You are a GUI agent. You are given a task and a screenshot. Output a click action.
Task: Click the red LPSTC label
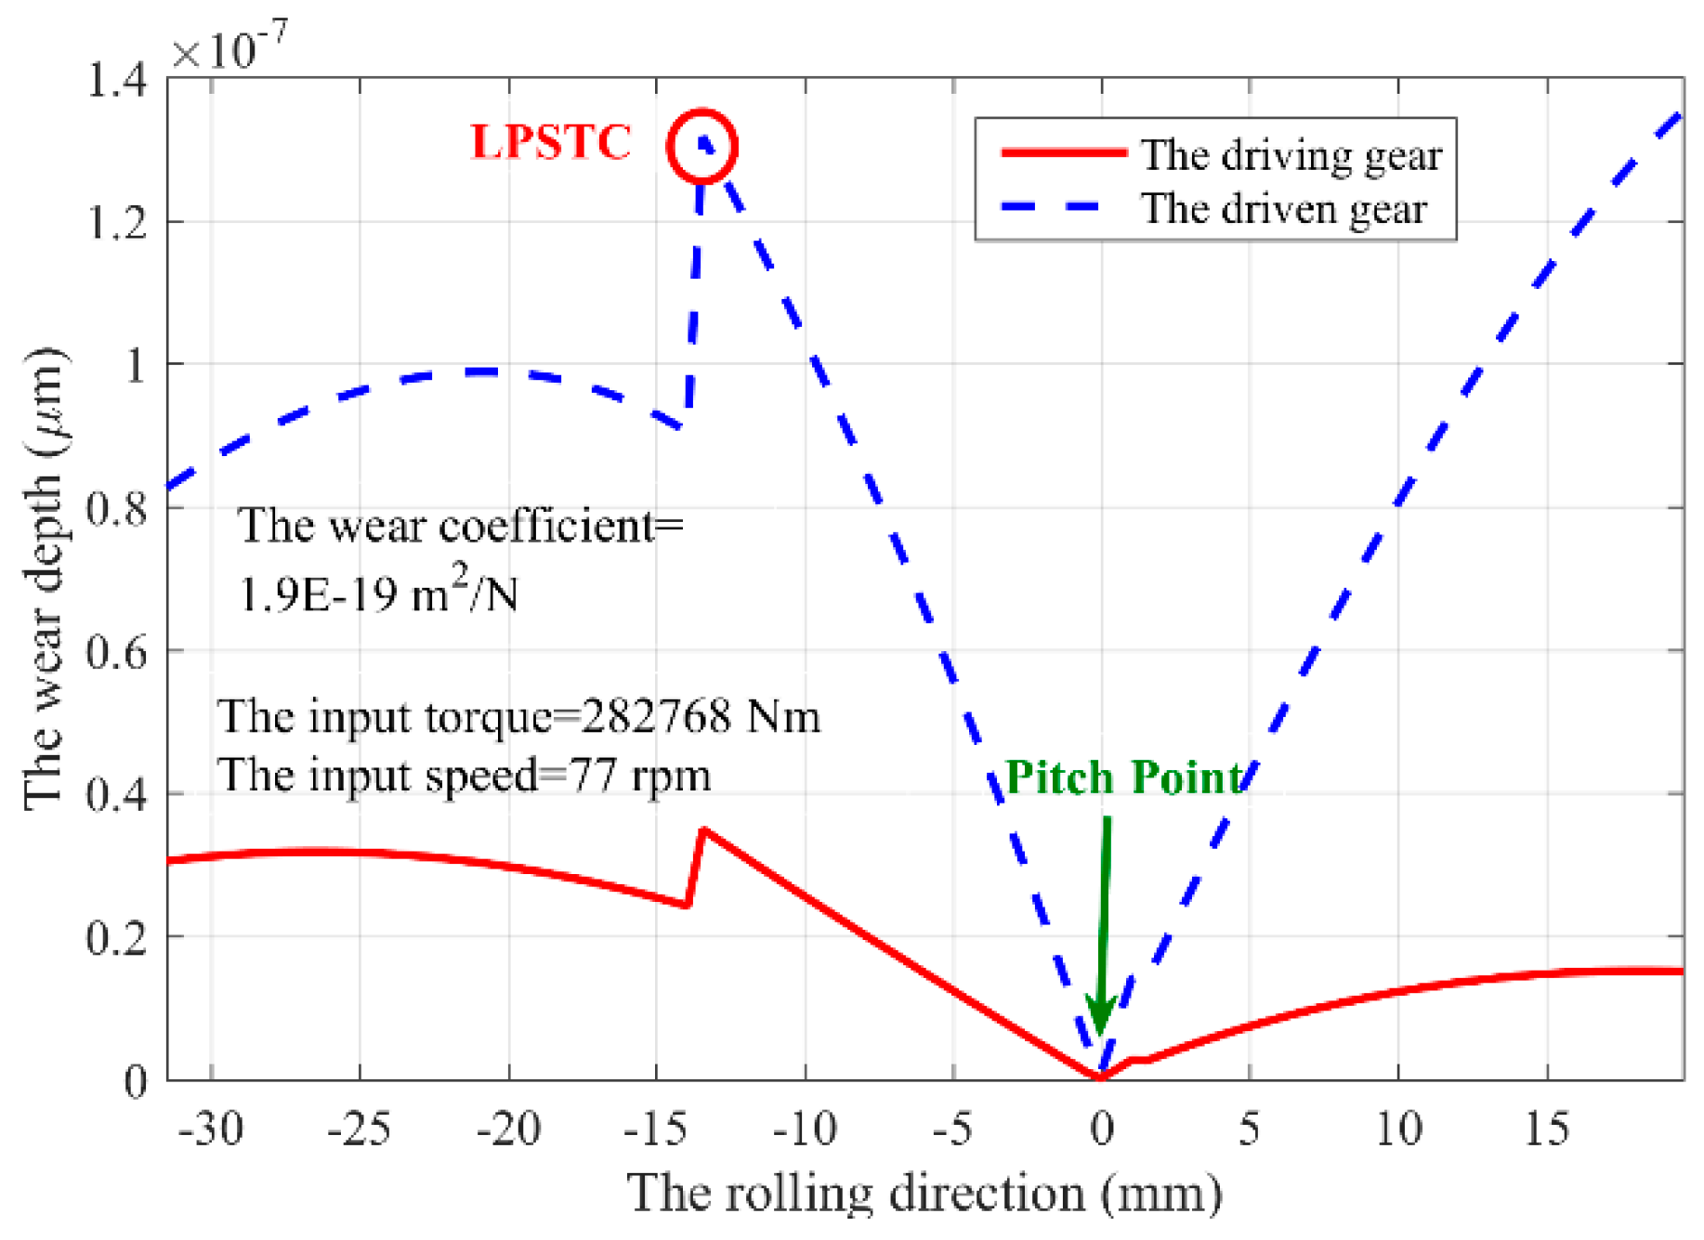(x=551, y=142)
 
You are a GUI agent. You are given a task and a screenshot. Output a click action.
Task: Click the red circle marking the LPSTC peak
(x=702, y=146)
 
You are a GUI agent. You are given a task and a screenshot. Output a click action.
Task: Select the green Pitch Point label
(x=1124, y=777)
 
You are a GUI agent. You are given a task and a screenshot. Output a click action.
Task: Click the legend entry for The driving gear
(x=1291, y=155)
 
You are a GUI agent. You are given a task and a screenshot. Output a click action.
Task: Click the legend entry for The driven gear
(x=1283, y=209)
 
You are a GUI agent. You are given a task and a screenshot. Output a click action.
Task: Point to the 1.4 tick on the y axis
(x=116, y=81)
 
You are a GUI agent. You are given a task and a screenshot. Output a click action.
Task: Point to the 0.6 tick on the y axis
(x=116, y=652)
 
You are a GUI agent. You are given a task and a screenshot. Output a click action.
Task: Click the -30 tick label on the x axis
(x=211, y=1129)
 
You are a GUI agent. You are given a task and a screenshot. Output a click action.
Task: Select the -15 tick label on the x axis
(x=655, y=1129)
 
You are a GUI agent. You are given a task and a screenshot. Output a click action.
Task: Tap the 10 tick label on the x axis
(x=1398, y=1129)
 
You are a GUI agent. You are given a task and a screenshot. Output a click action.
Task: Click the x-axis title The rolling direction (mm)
(x=924, y=1194)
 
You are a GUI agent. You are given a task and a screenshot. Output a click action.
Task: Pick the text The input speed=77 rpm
(x=465, y=775)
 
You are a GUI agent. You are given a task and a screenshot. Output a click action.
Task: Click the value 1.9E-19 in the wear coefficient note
(x=316, y=594)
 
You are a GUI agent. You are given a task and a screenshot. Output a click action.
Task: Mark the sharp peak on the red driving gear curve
(x=703, y=829)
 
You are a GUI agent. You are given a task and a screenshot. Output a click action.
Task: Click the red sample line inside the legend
(x=1064, y=152)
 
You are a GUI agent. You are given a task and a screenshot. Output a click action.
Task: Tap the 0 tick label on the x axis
(x=1102, y=1129)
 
